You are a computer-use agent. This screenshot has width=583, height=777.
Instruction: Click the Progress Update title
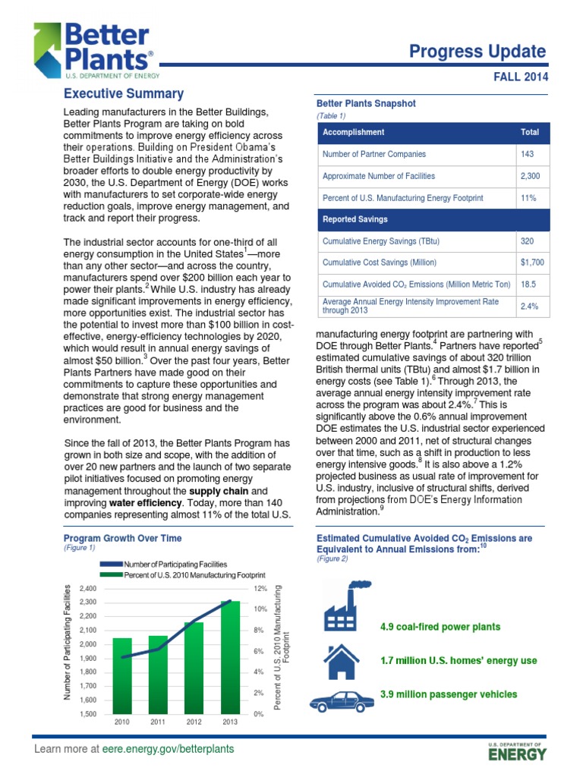click(477, 52)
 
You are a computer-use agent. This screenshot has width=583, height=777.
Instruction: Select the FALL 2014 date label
click(518, 77)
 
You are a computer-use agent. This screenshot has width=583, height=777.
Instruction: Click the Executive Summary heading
click(124, 94)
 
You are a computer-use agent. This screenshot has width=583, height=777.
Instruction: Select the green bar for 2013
click(230, 656)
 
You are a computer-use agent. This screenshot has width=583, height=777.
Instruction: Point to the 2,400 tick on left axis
click(87, 589)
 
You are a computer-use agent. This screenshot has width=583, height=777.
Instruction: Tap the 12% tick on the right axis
click(260, 589)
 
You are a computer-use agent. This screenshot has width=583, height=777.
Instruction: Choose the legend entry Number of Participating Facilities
click(175, 565)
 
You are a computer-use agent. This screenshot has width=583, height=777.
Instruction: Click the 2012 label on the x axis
click(194, 722)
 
